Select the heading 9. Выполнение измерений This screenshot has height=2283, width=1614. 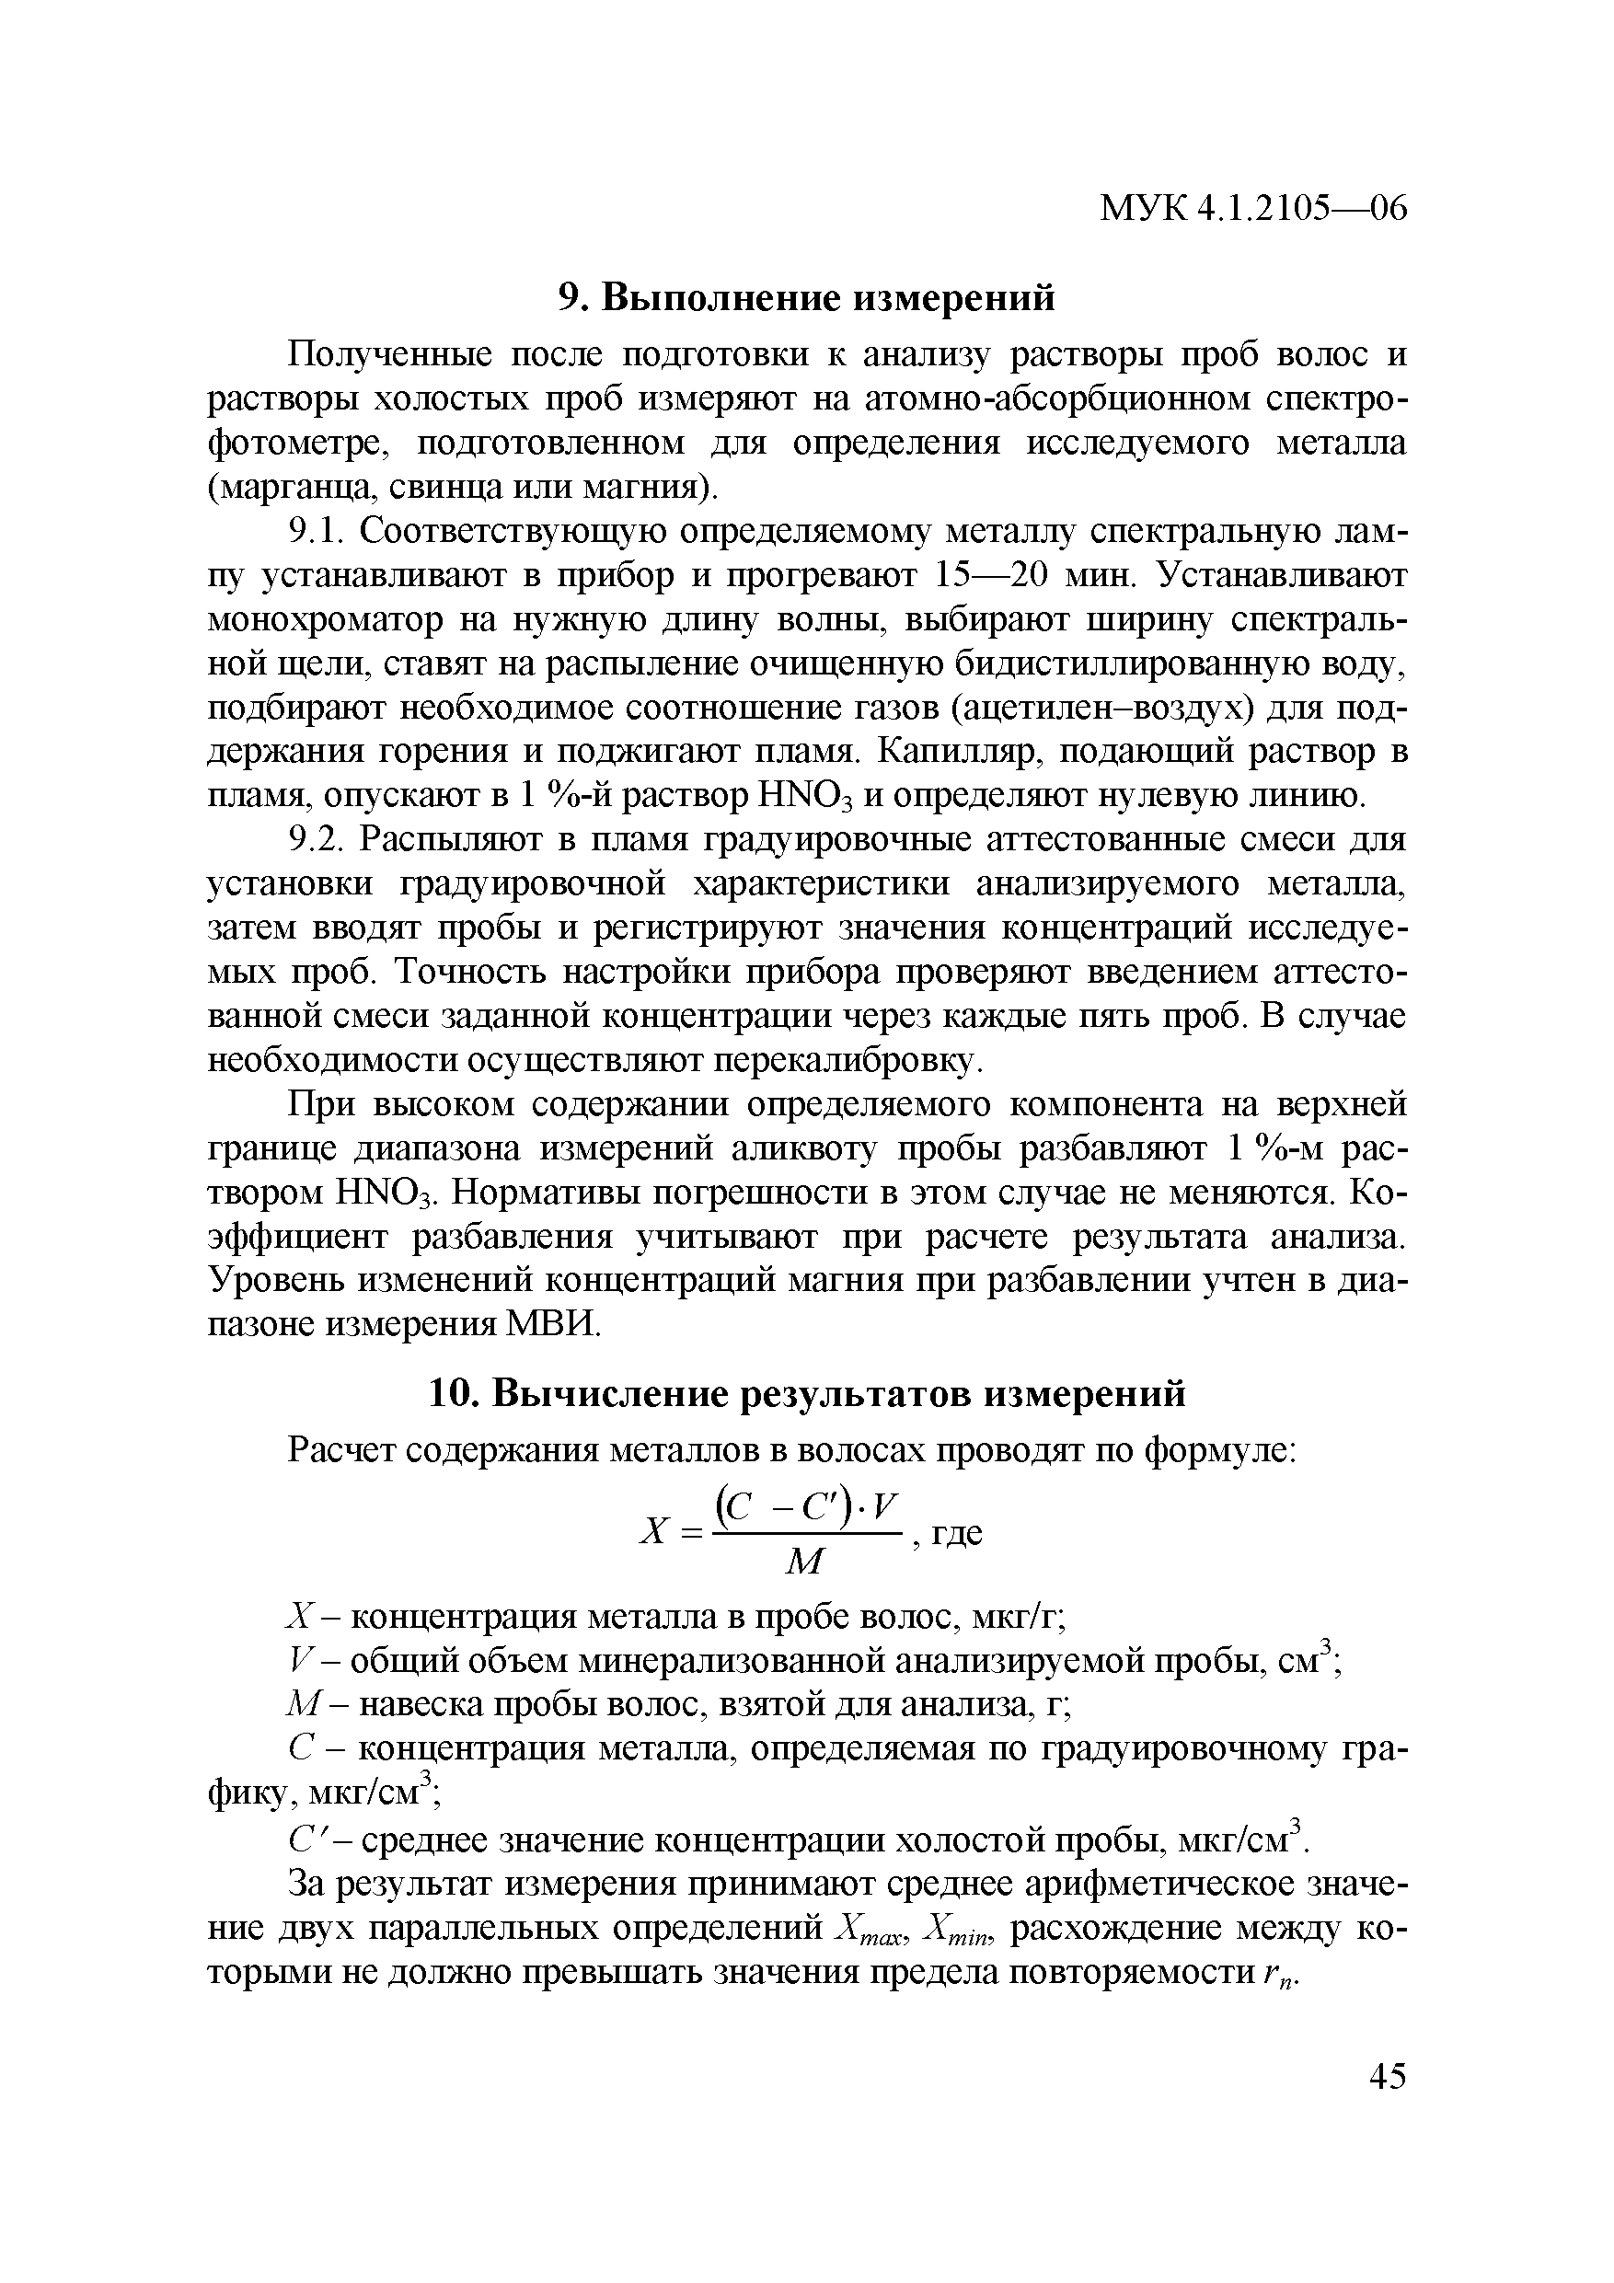coord(805,297)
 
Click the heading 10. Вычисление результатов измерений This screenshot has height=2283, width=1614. coord(806,1393)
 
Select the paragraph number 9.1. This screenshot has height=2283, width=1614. coord(316,533)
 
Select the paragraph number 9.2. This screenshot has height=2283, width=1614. coord(316,840)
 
